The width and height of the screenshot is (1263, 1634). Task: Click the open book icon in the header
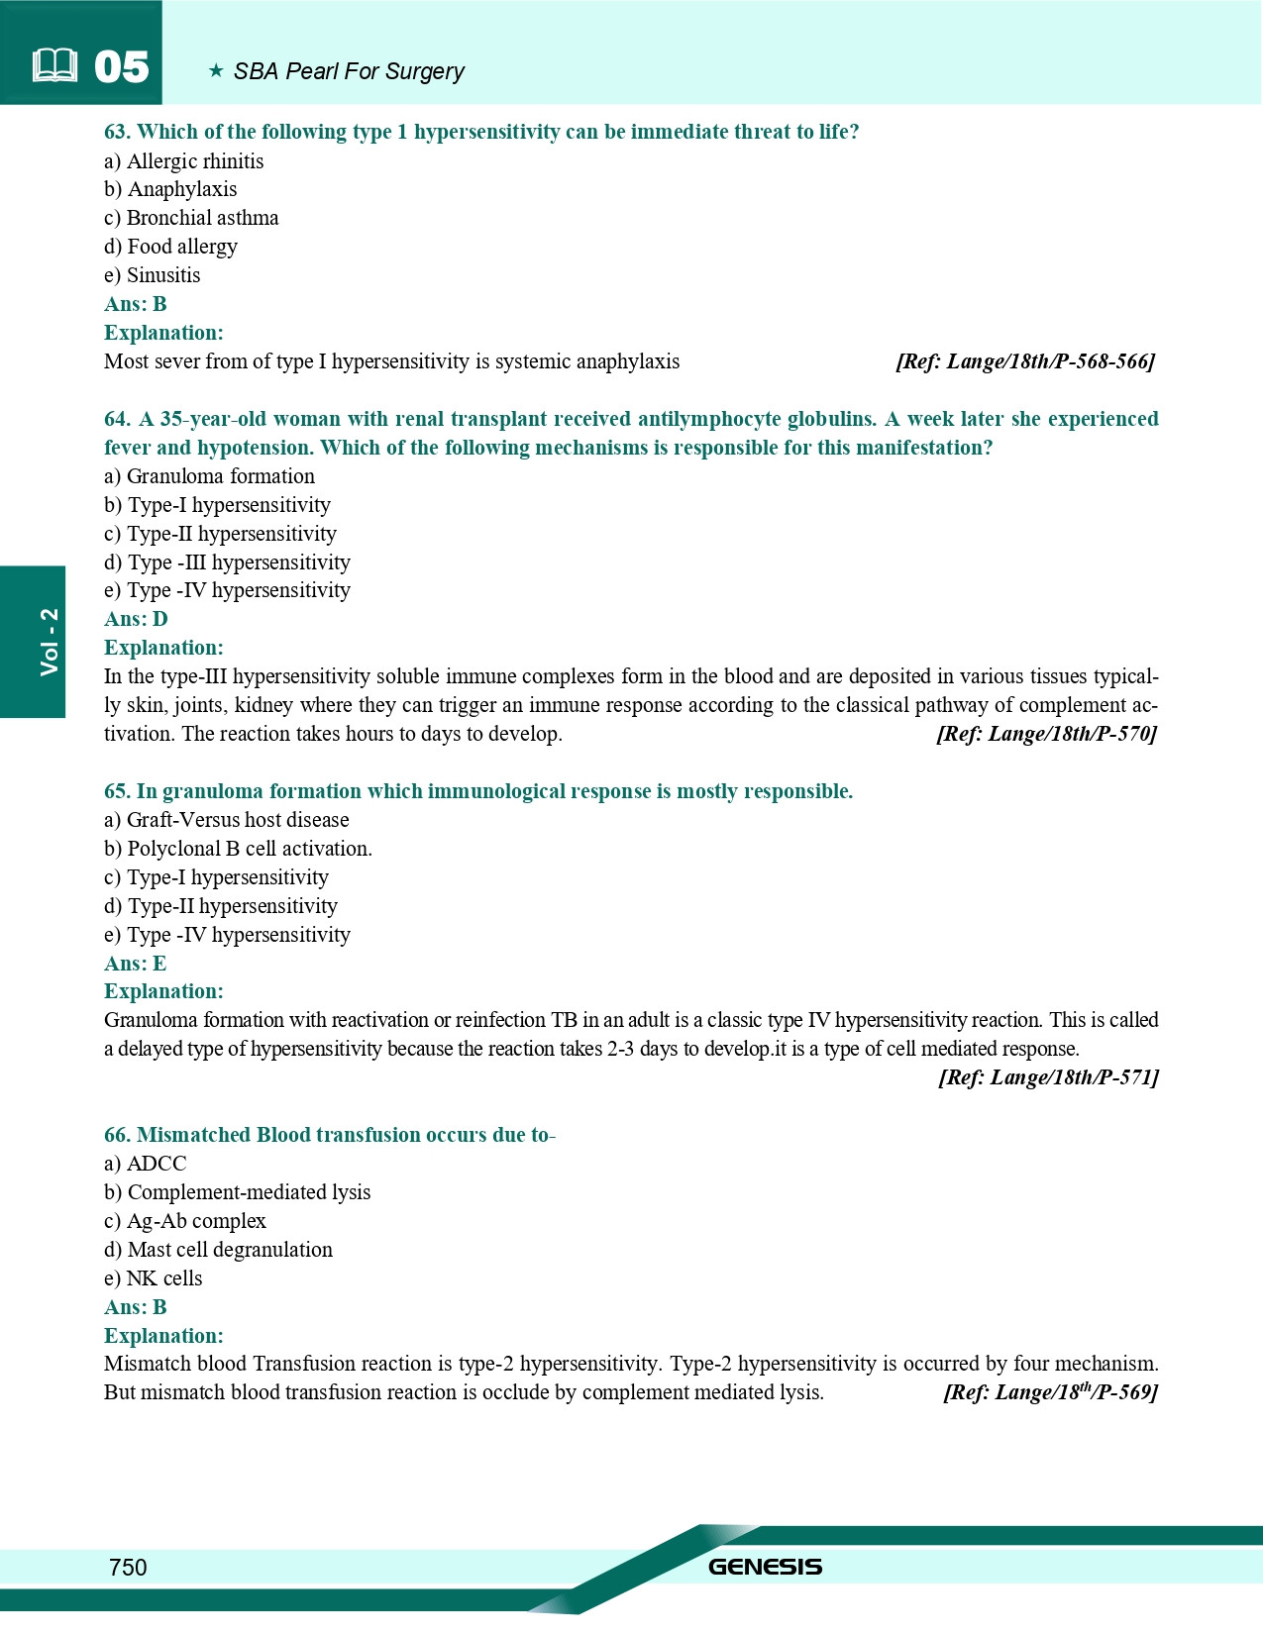pyautogui.click(x=54, y=67)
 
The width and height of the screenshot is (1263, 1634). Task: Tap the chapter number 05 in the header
pyautogui.click(x=121, y=67)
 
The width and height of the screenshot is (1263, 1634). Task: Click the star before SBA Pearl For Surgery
pyautogui.click(x=216, y=71)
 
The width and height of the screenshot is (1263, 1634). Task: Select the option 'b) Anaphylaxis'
pyautogui.click(x=170, y=189)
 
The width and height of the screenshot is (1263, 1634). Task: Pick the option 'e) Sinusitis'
pyautogui.click(x=153, y=275)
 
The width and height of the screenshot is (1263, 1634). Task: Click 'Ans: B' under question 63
pyautogui.click(x=136, y=304)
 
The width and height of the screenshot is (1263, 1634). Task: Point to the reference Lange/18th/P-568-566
pyautogui.click(x=1025, y=361)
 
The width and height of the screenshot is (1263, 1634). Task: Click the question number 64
pyautogui.click(x=117, y=419)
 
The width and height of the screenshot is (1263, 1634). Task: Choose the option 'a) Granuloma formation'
pyautogui.click(x=209, y=476)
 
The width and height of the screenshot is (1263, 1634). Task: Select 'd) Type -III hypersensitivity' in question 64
pyautogui.click(x=227, y=562)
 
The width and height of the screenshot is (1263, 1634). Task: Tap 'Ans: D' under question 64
pyautogui.click(x=136, y=619)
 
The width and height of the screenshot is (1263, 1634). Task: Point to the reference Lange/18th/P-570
pyautogui.click(x=1046, y=734)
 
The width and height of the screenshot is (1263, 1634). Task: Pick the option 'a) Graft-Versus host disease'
pyautogui.click(x=226, y=820)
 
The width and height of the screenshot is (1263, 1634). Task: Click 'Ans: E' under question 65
pyautogui.click(x=135, y=964)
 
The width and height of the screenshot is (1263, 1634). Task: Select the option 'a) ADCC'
pyautogui.click(x=145, y=1164)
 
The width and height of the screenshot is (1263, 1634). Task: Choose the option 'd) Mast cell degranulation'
pyautogui.click(x=218, y=1250)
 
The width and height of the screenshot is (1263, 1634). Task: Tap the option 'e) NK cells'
pyautogui.click(x=153, y=1278)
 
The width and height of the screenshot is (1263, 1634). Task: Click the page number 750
pyautogui.click(x=128, y=1567)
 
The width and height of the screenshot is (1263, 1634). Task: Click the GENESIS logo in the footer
pyautogui.click(x=765, y=1567)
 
